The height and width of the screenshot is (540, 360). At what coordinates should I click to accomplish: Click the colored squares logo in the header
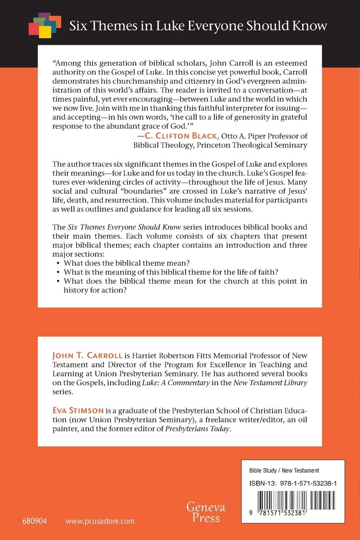tap(45, 25)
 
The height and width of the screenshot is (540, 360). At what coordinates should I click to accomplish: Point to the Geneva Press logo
tap(206, 512)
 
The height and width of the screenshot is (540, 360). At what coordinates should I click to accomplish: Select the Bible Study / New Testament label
tap(284, 471)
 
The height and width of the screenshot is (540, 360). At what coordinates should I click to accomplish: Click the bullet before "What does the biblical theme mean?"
tap(58, 263)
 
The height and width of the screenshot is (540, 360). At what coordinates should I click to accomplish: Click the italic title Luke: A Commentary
tap(176, 383)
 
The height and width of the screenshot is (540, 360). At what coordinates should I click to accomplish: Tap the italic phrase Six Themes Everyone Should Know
tap(124, 227)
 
